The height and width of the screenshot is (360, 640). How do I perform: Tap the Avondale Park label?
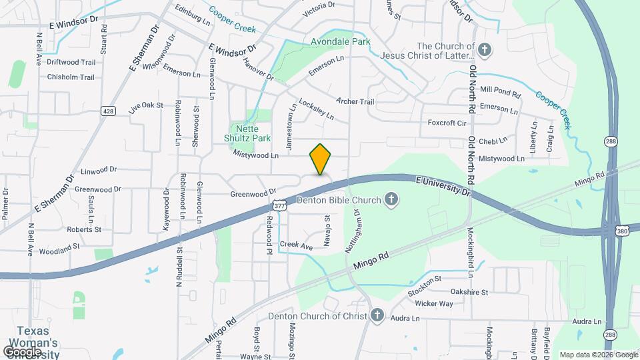point(341,41)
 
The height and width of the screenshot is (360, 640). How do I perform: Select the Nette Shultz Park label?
point(251,133)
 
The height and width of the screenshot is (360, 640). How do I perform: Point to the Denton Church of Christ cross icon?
point(377,315)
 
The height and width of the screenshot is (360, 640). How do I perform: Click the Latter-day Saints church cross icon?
point(485,49)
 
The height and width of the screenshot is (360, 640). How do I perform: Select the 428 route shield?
point(107,111)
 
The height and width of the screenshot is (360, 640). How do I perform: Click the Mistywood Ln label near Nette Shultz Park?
point(256,155)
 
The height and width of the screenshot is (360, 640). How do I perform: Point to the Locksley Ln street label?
point(317,109)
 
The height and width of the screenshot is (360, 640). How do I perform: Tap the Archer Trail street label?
point(355,101)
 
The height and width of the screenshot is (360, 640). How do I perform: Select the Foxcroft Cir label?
point(447,123)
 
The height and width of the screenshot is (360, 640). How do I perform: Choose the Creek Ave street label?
point(296,245)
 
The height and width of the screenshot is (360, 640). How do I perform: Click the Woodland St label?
point(59,246)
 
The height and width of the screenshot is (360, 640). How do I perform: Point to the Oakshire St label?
point(469,292)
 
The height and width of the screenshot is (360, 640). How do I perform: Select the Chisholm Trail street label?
point(71,77)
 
